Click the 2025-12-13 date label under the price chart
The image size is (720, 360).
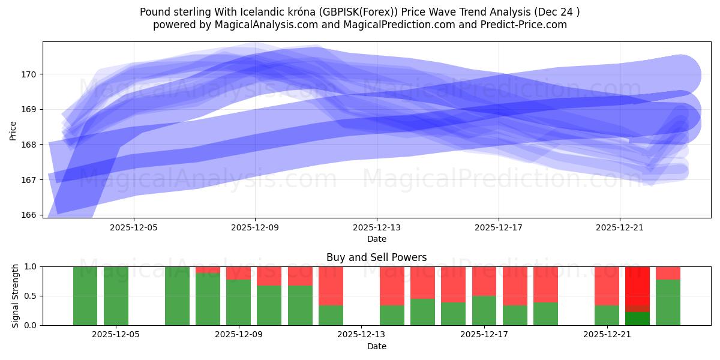coord(377,228)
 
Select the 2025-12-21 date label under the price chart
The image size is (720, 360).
coord(619,228)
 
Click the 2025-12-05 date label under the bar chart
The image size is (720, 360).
coord(116,335)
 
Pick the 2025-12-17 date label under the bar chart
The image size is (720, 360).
coord(484,335)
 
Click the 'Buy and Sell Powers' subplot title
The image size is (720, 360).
coord(376,257)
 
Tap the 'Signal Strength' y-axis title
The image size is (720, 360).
coord(16,296)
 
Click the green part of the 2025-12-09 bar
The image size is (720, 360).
coord(238,302)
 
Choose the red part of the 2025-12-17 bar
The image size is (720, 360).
coord(484,281)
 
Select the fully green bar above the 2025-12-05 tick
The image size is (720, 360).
coord(116,296)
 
